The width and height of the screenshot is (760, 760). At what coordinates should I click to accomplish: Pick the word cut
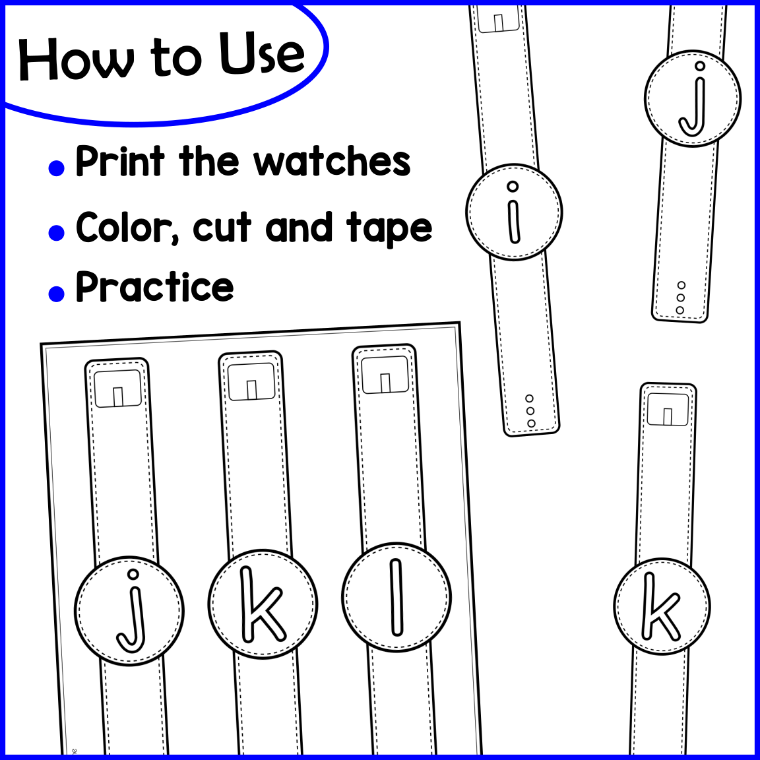tap(222, 228)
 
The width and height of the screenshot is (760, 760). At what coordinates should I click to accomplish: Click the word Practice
tap(155, 287)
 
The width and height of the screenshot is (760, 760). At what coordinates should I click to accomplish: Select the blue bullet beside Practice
tap(57, 293)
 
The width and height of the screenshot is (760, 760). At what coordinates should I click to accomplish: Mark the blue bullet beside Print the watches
tap(57, 168)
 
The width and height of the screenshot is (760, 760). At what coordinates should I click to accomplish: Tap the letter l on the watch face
tap(396, 597)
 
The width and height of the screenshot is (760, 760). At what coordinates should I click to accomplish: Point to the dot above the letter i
tap(513, 187)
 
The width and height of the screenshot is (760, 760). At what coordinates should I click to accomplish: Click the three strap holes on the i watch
tap(530, 411)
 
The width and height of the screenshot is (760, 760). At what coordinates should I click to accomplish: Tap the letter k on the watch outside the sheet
tap(660, 606)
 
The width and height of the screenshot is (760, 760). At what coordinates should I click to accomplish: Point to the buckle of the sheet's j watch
tap(117, 389)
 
